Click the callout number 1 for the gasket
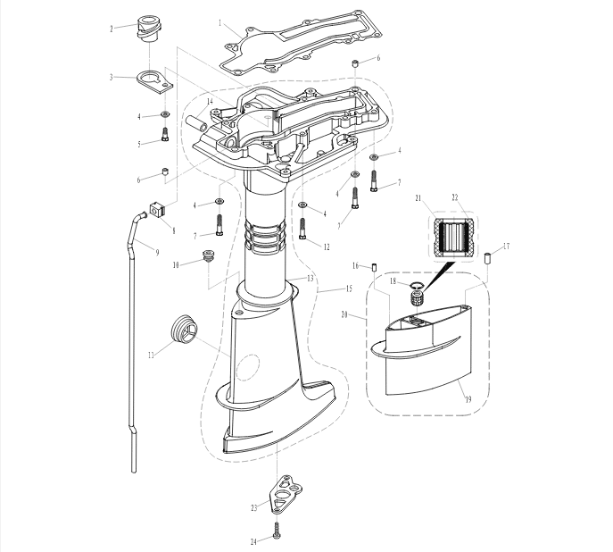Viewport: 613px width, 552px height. point(220,23)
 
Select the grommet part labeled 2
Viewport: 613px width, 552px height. point(148,29)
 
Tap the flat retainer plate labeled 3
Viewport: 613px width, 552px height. point(155,81)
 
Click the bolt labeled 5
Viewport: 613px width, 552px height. point(164,135)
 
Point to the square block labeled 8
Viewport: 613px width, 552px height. point(158,212)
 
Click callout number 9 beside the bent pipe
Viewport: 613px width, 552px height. point(158,253)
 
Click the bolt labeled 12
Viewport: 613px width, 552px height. point(302,229)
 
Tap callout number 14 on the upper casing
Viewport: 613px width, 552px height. point(210,102)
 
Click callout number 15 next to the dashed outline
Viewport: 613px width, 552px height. point(349,289)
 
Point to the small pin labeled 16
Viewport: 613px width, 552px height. point(374,268)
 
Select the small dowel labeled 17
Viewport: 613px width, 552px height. point(488,259)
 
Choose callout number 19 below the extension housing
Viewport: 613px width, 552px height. point(468,399)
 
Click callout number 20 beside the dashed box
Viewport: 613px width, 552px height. point(344,314)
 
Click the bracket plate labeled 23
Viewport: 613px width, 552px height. point(286,492)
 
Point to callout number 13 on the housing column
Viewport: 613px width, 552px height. point(310,278)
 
